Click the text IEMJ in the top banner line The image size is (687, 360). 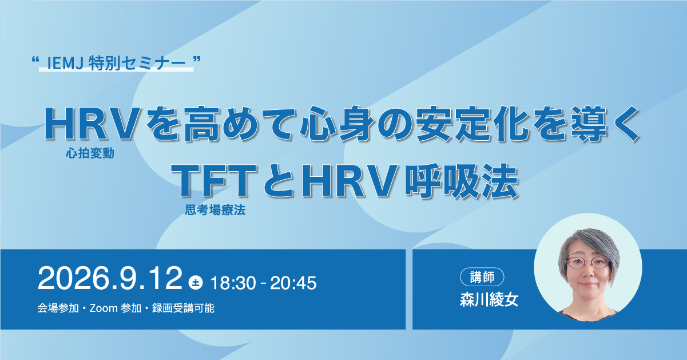pos(65,64)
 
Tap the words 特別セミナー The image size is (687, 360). pos(137,64)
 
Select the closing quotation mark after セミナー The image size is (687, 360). pos(197,58)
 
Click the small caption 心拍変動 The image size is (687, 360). pos(90,153)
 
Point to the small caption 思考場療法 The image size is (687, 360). pos(215,210)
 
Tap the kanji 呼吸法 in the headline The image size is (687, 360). pos(462,181)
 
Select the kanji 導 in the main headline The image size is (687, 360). pos(589,124)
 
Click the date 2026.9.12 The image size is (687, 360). pos(110,278)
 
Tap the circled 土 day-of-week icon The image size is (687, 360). pos(196,283)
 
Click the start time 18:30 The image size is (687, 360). pos(233,283)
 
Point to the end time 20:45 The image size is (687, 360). pos(293,283)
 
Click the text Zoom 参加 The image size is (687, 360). pos(116,308)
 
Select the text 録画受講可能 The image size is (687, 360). pos(183,308)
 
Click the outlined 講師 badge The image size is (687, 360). pos(482,277)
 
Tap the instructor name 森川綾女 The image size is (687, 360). pos(489,299)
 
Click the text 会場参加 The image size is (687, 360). pos(58,308)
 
